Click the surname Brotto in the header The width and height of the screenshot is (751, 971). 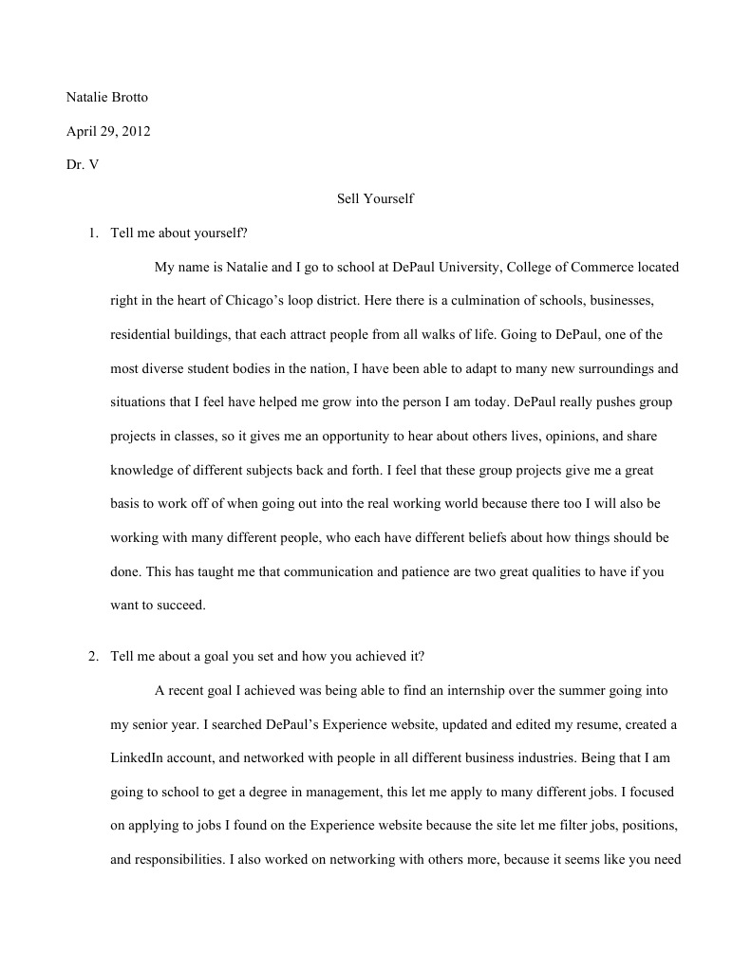click(x=132, y=98)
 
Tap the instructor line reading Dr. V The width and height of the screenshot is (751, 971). click(x=83, y=164)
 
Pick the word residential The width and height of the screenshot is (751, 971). click(x=143, y=334)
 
